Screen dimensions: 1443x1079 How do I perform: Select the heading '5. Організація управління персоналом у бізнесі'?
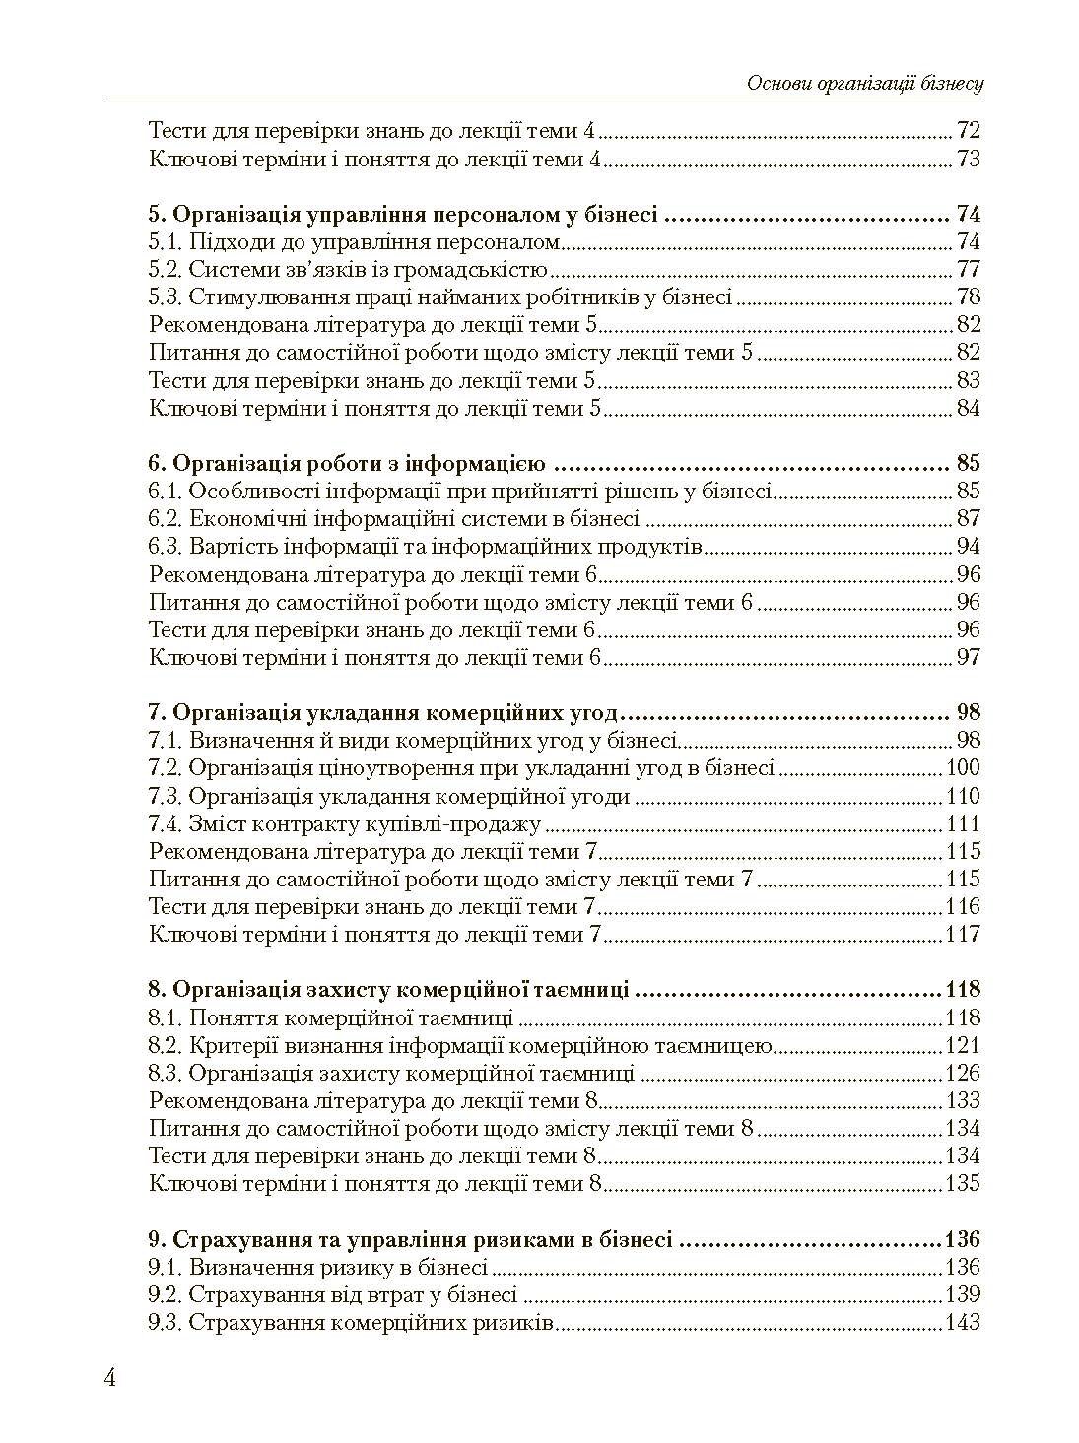403,215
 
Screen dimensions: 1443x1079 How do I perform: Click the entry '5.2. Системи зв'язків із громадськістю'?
348,270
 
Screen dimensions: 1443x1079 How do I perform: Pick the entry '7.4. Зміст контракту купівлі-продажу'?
345,823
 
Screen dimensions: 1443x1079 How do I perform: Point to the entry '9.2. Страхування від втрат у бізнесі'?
333,1294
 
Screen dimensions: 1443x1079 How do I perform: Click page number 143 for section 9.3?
962,1322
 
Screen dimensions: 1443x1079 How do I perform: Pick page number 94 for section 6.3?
968,547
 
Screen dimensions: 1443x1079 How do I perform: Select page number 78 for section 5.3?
968,297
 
